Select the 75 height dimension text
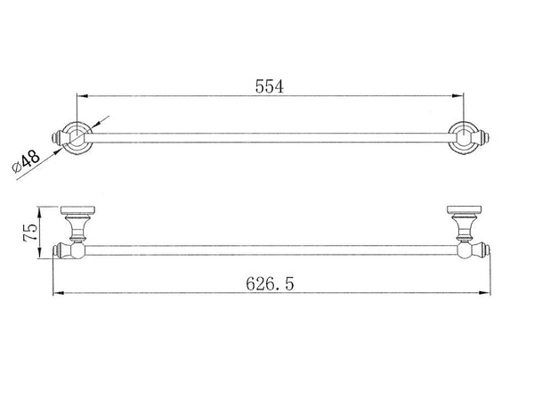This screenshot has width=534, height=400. [x=30, y=233]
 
